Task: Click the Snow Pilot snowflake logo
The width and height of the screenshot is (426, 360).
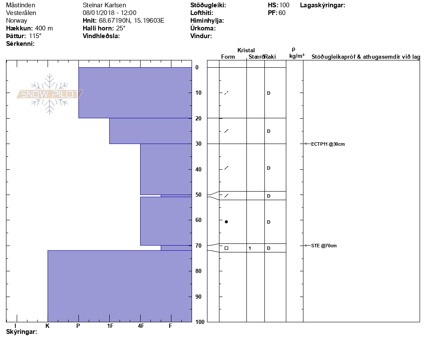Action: coord(50,94)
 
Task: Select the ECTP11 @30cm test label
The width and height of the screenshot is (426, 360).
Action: coord(328,144)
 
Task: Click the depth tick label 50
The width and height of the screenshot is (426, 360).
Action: coord(198,195)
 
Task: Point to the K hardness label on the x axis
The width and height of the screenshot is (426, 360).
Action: coord(47,326)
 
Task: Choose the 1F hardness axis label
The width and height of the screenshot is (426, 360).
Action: coord(110,326)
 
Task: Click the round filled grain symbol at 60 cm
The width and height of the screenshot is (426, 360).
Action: coord(226,222)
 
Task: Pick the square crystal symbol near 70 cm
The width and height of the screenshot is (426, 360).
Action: coord(226,248)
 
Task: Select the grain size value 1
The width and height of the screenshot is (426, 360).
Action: coord(249,248)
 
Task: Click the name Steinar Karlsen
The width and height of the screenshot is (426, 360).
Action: coord(104,5)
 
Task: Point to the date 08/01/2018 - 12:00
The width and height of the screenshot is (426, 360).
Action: coord(109,13)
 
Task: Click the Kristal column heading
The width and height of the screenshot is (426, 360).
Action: coord(246,51)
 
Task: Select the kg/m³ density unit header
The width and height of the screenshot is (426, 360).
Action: coord(297,56)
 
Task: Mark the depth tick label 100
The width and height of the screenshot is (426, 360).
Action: coord(200,322)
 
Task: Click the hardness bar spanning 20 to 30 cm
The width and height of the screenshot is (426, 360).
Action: coord(150,131)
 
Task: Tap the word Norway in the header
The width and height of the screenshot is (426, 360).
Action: coord(17,21)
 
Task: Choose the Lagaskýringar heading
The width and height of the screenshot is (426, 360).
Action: coord(323,5)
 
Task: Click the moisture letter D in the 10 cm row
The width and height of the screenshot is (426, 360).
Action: coord(269,93)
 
